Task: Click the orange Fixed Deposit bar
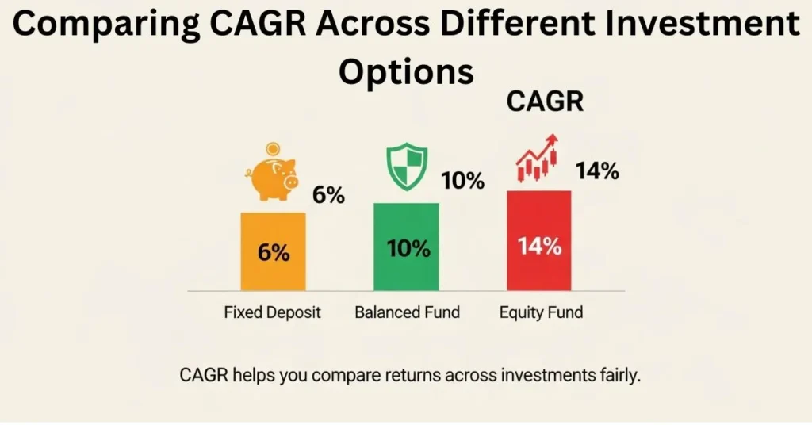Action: coord(273,251)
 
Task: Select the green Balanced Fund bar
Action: coord(406,247)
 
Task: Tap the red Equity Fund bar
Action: coord(539,241)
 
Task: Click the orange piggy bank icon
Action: coord(272,178)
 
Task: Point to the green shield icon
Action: coord(407,167)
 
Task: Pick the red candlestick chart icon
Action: coord(537,158)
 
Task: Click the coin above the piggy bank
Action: coord(273,150)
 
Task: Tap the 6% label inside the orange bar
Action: coord(274,253)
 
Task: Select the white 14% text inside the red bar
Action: coord(539,246)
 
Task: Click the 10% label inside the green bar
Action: coord(408,248)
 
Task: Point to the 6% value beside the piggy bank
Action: coord(328,195)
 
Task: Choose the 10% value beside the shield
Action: coord(462,181)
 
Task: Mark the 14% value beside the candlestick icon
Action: coord(597,170)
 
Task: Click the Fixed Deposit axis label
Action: coord(273,312)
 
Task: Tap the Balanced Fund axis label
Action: coord(407,312)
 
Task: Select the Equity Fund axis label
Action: coord(541,312)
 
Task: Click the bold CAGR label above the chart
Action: coord(545,101)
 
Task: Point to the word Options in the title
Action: coord(407,71)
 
